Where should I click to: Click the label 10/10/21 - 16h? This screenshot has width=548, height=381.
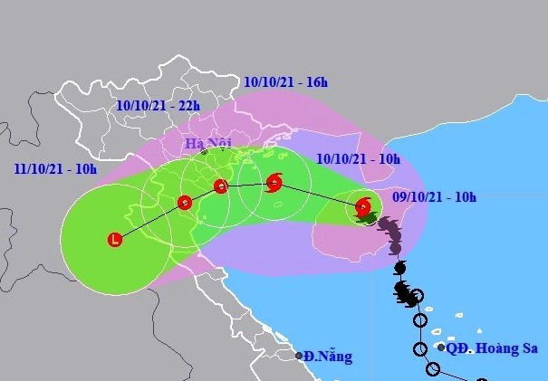285,83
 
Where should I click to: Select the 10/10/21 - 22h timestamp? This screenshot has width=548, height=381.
159,106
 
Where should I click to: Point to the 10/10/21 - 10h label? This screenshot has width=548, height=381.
359,158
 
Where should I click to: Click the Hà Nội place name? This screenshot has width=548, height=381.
208,144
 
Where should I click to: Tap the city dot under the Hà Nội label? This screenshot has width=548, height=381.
204,152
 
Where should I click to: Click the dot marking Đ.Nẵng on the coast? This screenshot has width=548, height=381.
299,356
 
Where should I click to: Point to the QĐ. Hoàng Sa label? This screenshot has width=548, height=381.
489,347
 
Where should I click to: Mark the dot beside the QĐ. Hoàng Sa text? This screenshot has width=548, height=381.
440,347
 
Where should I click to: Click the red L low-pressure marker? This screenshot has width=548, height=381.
115,240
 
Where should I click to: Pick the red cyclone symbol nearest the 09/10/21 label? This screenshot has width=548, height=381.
362,205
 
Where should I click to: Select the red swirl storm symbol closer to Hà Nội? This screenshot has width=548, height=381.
274,184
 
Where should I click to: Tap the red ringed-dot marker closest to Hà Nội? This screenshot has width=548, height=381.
220,187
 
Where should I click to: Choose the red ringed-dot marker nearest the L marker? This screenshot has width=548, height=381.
184,202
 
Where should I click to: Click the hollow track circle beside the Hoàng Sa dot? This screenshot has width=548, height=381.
421,348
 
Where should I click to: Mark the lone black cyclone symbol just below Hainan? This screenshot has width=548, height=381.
399,268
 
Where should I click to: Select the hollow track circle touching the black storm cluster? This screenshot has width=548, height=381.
418,319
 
